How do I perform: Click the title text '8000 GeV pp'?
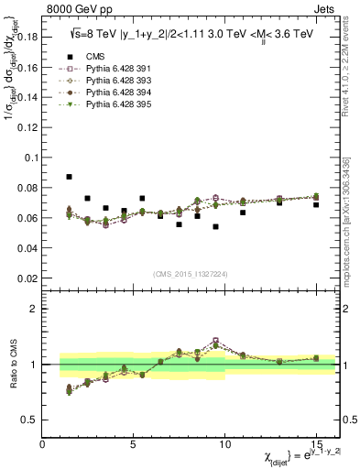(74, 11)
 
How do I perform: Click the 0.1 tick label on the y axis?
(30, 158)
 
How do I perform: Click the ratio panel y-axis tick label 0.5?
(31, 420)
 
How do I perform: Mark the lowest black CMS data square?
(216, 226)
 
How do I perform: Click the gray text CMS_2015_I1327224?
(190, 273)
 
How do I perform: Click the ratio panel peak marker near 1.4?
(216, 341)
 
